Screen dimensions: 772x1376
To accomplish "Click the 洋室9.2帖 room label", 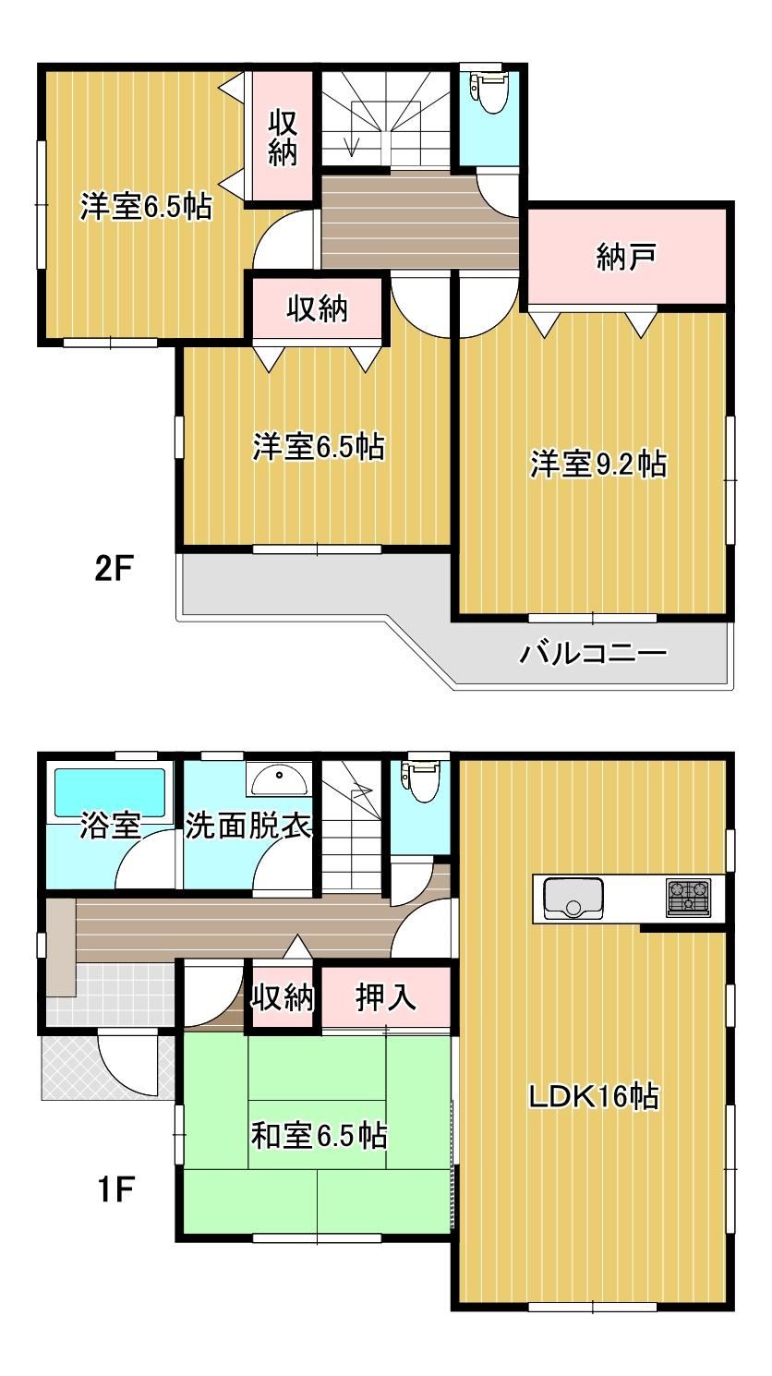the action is pos(598,465).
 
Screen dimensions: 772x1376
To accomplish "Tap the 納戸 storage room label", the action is pos(626,257).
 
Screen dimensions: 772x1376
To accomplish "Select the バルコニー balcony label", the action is pos(593,653).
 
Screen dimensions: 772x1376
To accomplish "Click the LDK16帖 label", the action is pos(595,1096).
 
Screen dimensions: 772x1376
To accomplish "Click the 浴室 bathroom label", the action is pos(111,827).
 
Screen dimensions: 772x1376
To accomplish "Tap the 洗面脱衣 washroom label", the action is pos(248,826).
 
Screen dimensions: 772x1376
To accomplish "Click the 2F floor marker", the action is pos(115,570).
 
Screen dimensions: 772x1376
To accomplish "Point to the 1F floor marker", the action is pos(116,1191).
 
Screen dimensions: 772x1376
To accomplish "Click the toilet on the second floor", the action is pos(490,92).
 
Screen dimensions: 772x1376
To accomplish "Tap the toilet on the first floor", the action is pos(421,781).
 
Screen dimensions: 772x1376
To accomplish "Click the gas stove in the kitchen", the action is pos(689,898).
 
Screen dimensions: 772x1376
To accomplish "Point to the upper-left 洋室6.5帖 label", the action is pos(146,207).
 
